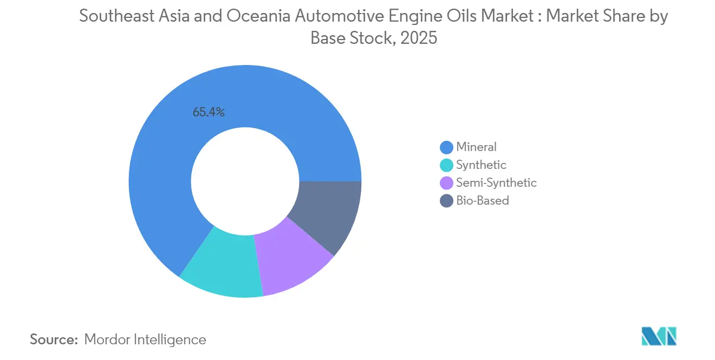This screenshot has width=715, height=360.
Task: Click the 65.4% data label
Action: coord(209,113)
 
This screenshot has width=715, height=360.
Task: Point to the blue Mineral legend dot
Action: coord(446,147)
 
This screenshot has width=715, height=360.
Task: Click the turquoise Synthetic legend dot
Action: coord(446,165)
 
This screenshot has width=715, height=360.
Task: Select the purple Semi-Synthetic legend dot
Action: coord(446,183)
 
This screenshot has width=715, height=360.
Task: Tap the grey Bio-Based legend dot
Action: coord(446,201)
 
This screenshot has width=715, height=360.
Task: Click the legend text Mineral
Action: coord(476,147)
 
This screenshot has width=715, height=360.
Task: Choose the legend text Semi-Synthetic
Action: coord(496,183)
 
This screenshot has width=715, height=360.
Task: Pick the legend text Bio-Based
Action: coord(482,201)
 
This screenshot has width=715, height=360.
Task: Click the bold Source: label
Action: coord(54,339)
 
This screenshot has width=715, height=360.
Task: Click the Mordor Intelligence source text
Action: coord(145,339)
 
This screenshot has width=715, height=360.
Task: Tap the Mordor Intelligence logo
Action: coord(659,336)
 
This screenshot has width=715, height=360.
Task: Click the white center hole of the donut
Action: coord(245,181)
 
